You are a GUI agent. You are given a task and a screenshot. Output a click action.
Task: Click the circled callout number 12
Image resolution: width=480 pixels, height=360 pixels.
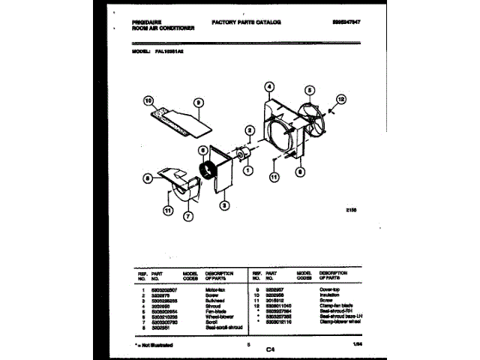click(x=341, y=98)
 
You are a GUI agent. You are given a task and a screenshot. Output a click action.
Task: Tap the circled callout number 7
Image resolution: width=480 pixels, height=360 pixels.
click(x=187, y=217)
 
